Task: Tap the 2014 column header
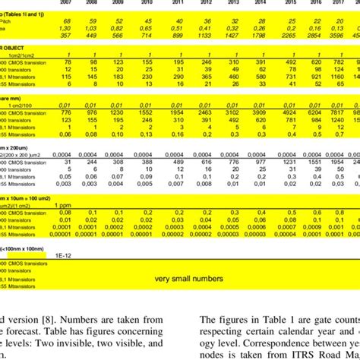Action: (x=260, y=4)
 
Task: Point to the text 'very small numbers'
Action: (x=188, y=279)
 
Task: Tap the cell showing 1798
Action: (x=260, y=35)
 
